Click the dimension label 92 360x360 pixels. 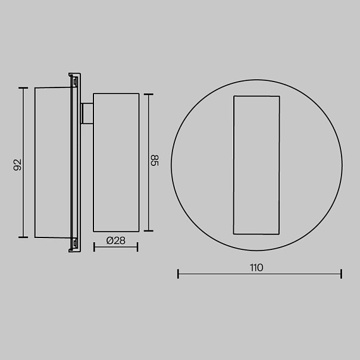[x=17, y=165]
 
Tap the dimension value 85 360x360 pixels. [x=155, y=160]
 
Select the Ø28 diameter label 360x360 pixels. [x=116, y=240]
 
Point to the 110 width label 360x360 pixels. [x=256, y=268]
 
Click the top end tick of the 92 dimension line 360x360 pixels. [x=23, y=88]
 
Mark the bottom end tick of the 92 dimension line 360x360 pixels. [x=23, y=237]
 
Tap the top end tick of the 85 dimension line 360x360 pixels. [x=149, y=95]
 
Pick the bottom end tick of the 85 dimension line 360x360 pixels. [x=149, y=231]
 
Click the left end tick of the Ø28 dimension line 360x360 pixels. [x=94, y=247]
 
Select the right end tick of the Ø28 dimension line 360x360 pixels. [x=137, y=247]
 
